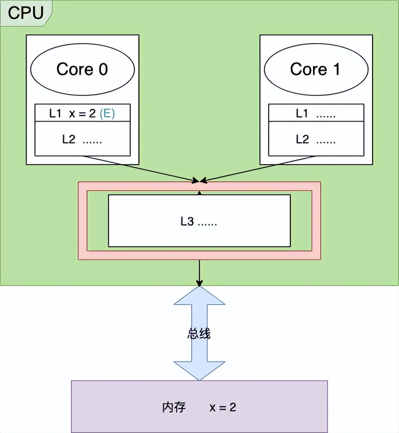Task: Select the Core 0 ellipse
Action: pos(82,70)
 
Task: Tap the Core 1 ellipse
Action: pos(315,70)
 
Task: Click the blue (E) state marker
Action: pos(107,114)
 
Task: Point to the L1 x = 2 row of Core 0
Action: pos(69,114)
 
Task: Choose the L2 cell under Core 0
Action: pos(82,139)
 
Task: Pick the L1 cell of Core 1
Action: pos(315,114)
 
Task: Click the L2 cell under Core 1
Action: pos(315,139)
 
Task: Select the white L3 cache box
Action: pos(199,233)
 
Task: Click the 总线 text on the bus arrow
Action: pos(199,334)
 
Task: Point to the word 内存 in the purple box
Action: pos(174,407)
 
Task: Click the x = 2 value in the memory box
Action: pos(223,407)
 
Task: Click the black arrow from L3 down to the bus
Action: pos(199,272)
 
